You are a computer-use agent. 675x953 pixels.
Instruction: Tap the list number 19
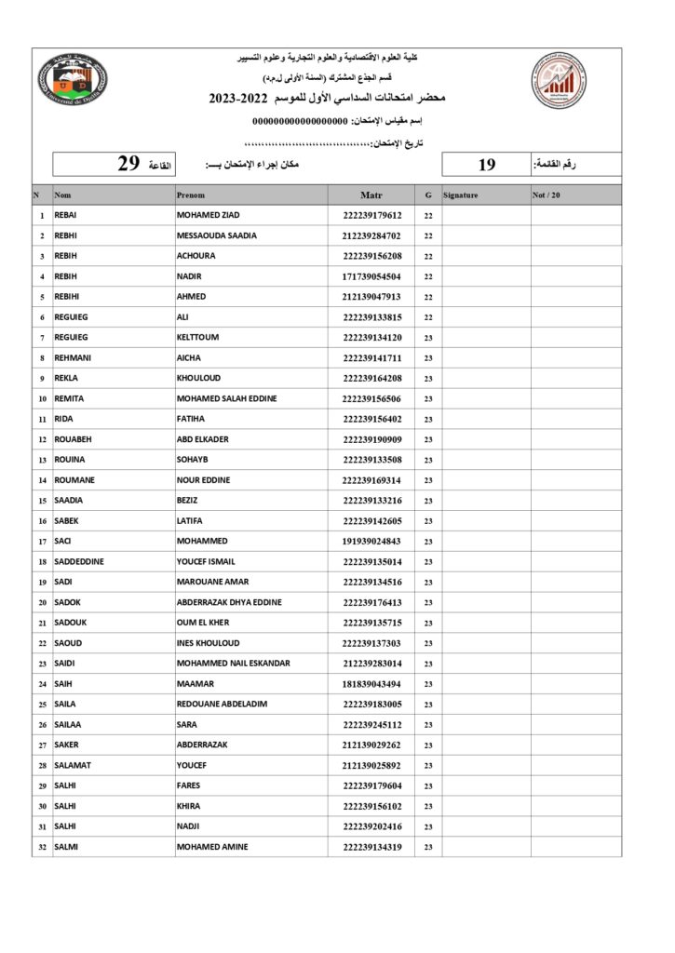point(487,165)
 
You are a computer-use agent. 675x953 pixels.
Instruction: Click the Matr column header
point(371,195)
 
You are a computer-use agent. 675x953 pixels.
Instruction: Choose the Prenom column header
point(191,195)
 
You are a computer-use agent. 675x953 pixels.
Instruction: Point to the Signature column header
point(461,195)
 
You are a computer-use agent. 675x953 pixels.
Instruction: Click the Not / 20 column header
point(547,195)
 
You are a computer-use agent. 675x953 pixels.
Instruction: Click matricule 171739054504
point(371,276)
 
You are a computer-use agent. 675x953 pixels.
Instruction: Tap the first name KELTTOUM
point(197,337)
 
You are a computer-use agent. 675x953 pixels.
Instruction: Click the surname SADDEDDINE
point(79,561)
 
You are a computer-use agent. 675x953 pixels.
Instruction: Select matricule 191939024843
point(371,541)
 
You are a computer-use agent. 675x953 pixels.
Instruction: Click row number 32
point(42,847)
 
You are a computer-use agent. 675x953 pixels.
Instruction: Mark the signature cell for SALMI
point(485,847)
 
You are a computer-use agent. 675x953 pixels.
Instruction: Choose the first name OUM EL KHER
point(202,623)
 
